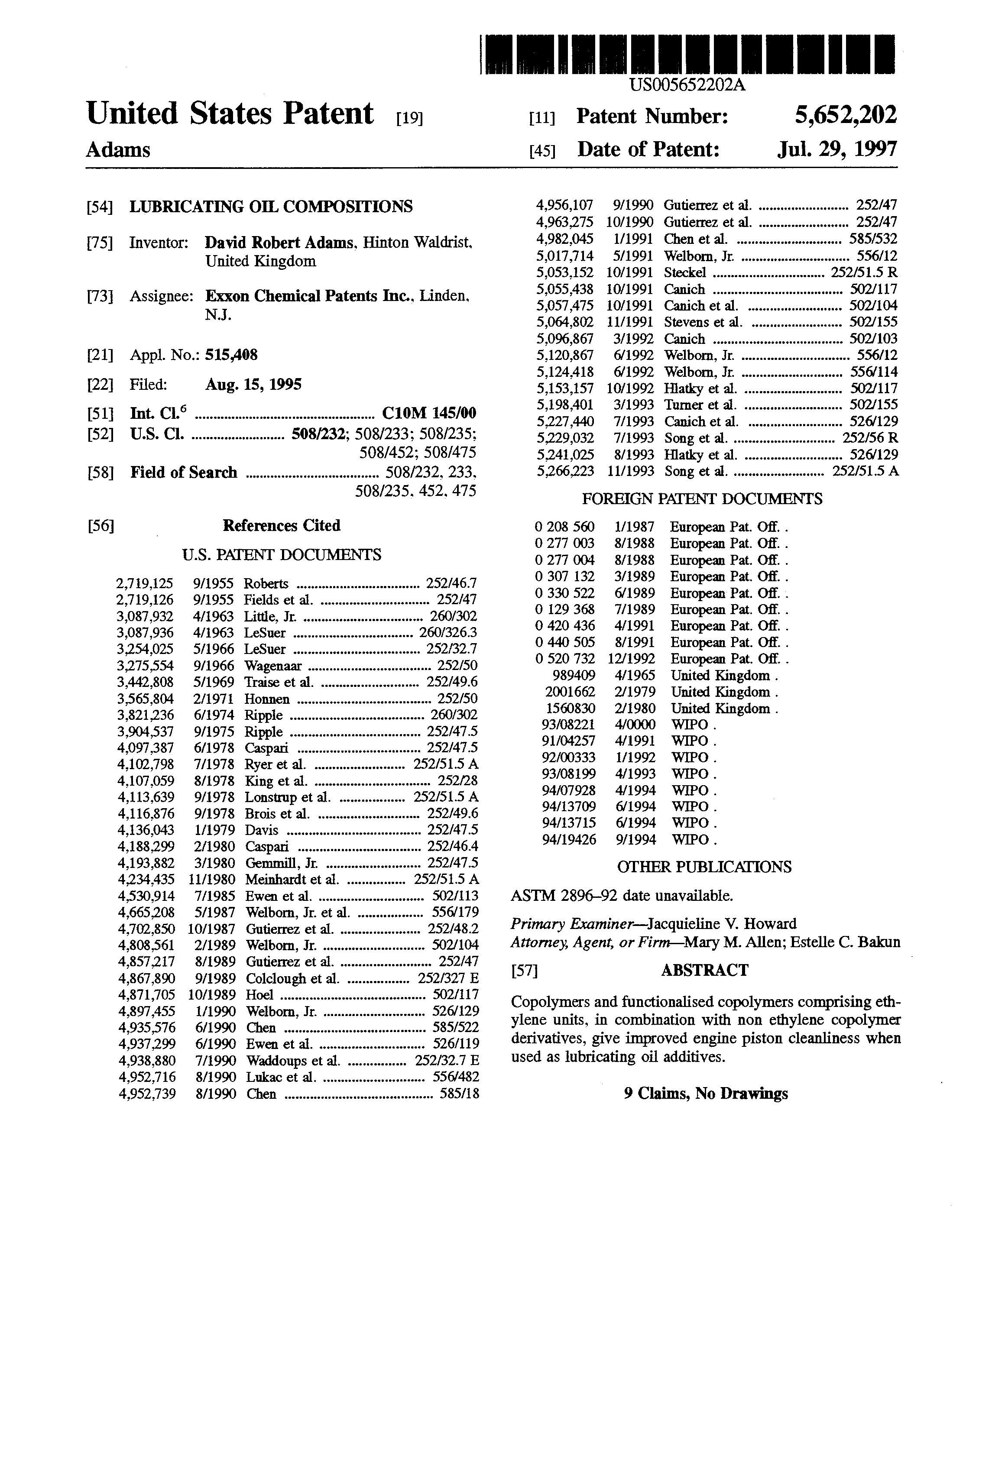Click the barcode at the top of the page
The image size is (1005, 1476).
tap(688, 55)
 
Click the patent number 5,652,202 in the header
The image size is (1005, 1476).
tap(846, 115)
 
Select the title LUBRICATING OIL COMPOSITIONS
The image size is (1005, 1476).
tap(271, 207)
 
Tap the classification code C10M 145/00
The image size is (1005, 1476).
tap(429, 414)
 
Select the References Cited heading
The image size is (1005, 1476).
tap(282, 525)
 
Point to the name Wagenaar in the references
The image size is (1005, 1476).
tap(273, 666)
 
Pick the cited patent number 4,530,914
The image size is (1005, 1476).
tap(146, 896)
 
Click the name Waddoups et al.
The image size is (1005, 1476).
tap(293, 1061)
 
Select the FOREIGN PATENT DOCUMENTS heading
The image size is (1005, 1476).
tap(702, 499)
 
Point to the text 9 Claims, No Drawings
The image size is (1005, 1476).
tap(706, 1093)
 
